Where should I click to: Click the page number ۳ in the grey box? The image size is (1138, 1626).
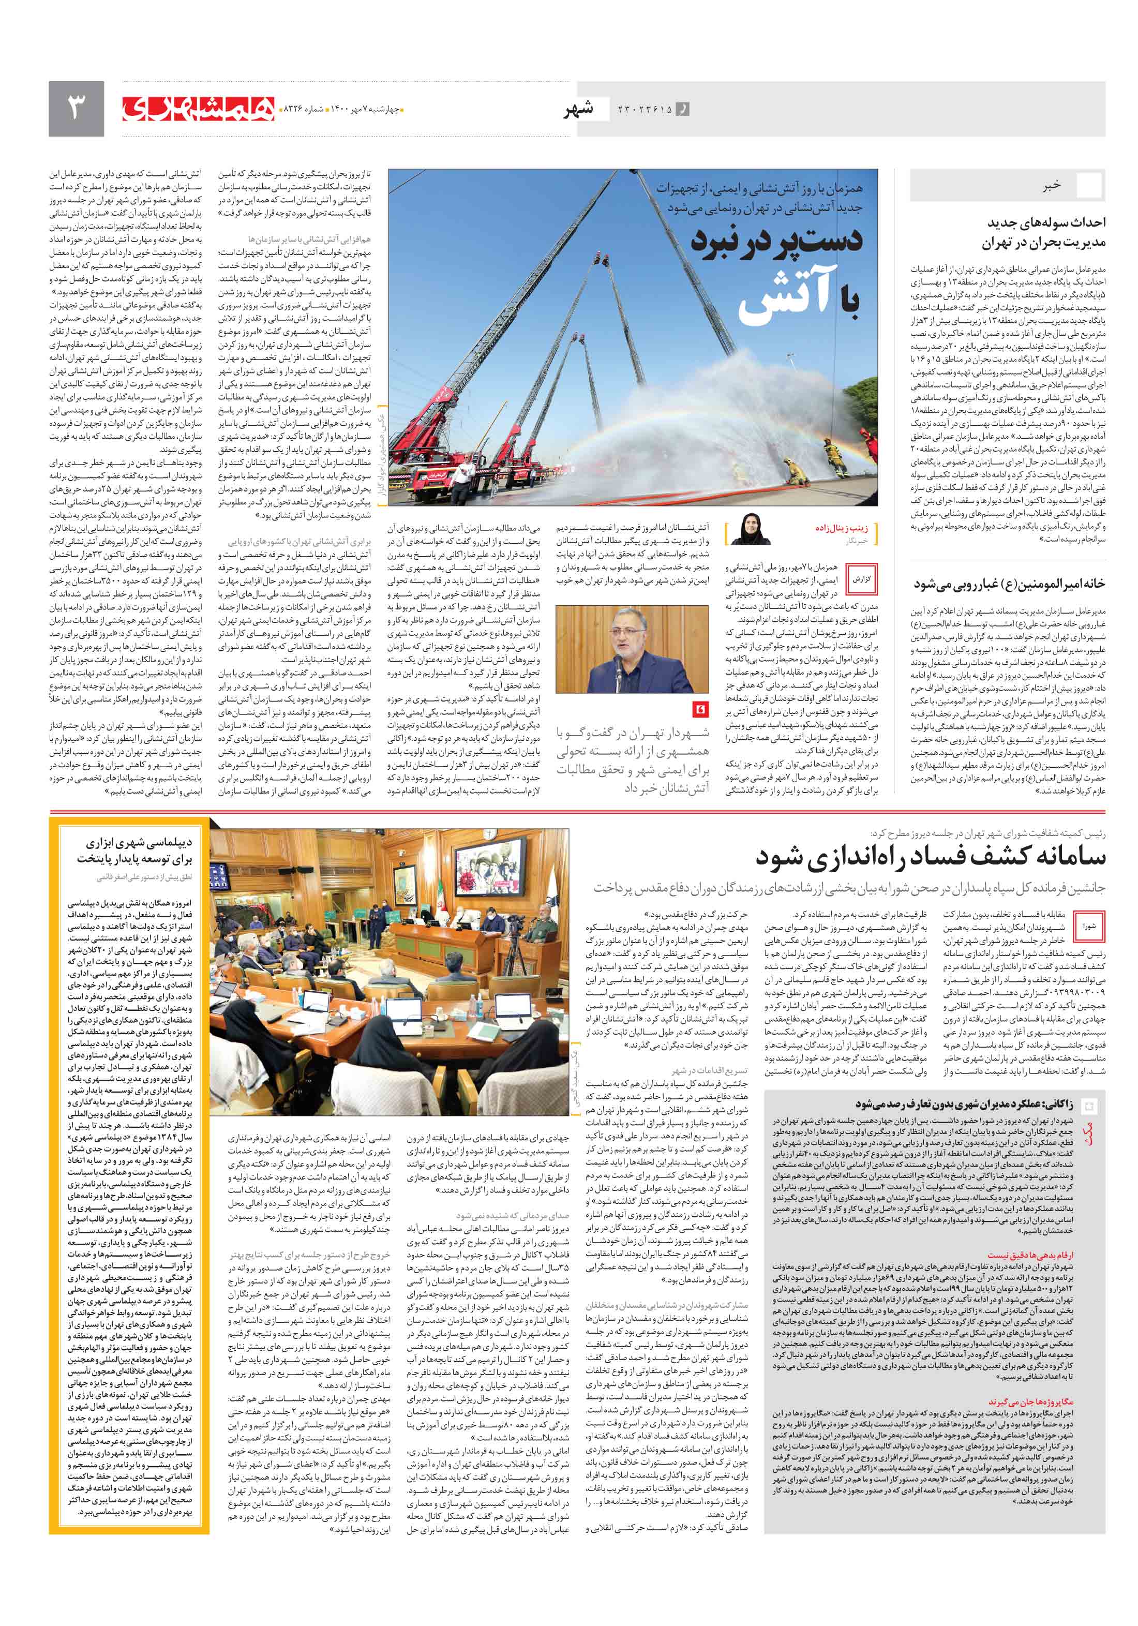76,108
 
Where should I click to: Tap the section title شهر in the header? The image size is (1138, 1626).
578,109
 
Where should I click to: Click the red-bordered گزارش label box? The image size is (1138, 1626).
861,578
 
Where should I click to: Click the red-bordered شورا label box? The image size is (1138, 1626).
1088,926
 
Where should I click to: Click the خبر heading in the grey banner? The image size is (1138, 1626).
1051,186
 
